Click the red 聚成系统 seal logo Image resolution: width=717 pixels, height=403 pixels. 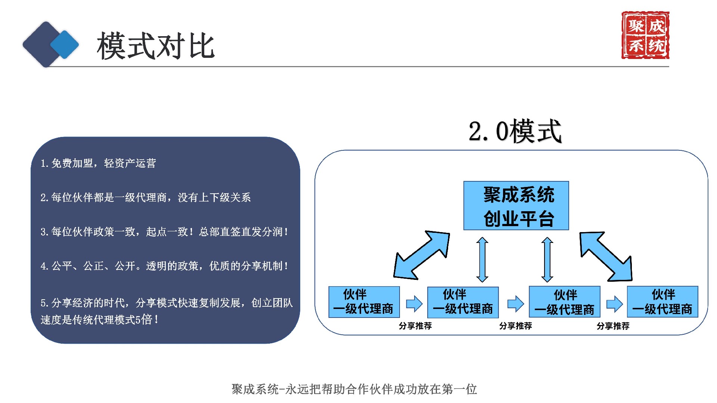(645, 35)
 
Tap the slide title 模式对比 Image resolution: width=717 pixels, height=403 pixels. (155, 46)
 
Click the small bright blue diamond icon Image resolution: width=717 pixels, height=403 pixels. (65, 44)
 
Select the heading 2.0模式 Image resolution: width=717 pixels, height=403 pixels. (515, 131)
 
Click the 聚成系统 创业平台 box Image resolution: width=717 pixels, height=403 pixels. (516, 206)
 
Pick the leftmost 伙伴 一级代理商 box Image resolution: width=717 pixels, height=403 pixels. (364, 302)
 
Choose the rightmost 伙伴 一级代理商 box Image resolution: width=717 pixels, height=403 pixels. (662, 302)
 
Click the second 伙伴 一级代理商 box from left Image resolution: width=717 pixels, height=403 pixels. (463, 302)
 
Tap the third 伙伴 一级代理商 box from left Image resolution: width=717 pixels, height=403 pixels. (564, 302)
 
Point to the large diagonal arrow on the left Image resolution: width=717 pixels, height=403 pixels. (422, 255)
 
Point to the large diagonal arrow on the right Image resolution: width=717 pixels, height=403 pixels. (606, 256)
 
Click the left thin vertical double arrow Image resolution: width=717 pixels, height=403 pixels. (482, 260)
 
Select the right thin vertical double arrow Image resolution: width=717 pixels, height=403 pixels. (547, 260)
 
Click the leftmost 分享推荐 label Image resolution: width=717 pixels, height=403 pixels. (415, 326)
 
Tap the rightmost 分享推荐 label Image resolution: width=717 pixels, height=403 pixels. (613, 326)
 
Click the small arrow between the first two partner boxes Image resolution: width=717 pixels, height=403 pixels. (414, 304)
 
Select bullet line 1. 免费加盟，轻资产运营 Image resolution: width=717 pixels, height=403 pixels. (98, 163)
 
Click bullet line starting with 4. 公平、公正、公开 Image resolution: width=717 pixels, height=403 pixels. (164, 266)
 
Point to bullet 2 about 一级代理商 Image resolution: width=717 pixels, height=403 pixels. (146, 197)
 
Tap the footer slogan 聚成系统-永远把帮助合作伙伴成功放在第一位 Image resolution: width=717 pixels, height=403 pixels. (354, 389)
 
